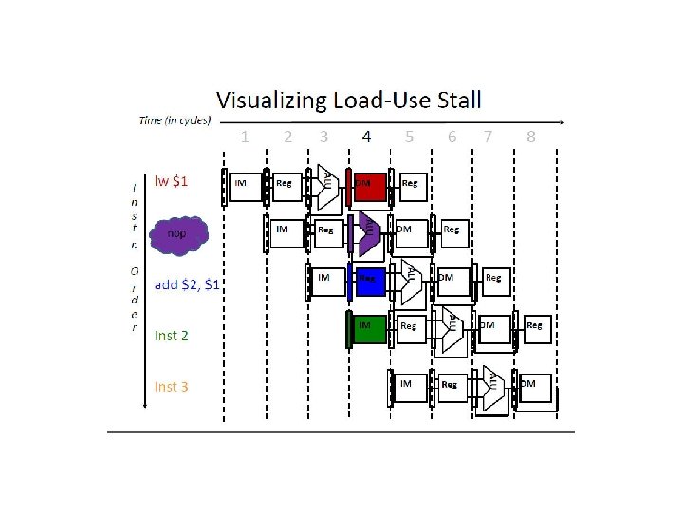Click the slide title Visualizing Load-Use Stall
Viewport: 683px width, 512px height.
348,100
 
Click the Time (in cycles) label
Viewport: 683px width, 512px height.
175,120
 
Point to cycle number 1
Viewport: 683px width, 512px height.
246,137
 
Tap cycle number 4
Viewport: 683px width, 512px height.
366,137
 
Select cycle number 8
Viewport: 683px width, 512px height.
530,137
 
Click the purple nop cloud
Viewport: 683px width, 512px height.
176,233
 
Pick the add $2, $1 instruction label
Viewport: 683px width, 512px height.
187,283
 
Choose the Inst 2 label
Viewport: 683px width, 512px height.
171,335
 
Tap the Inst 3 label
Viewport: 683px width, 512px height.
171,386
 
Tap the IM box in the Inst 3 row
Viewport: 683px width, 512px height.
409,387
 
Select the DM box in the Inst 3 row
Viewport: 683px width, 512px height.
535,387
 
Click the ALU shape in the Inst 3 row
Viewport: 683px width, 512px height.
492,387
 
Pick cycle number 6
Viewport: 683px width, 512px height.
452,137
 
